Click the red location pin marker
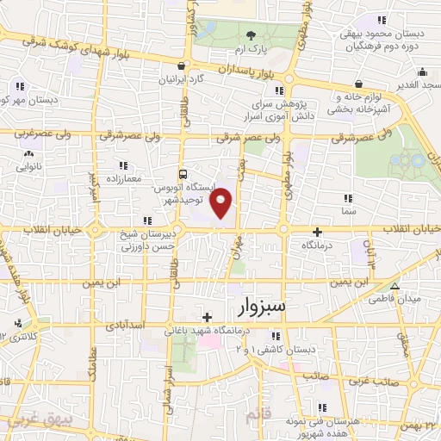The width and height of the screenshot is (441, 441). tap(221, 202)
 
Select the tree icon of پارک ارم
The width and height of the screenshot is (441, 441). tap(251, 35)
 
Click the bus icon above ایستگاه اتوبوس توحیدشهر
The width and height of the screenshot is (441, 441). tap(181, 172)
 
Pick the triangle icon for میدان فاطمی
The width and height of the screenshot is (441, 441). tap(395, 287)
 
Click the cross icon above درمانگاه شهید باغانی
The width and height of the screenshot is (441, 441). tap(208, 317)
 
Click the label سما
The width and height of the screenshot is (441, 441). tap(348, 209)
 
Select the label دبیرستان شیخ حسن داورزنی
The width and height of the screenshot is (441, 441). tap(152, 240)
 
